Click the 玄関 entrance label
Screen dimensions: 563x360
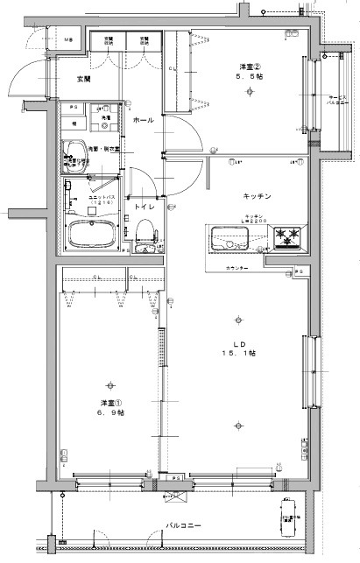click(83, 79)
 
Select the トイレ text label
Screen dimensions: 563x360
click(144, 207)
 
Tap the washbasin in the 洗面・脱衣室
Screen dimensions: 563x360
click(74, 149)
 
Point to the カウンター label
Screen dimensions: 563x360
click(237, 268)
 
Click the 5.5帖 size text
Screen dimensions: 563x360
click(253, 79)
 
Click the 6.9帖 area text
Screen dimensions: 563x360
click(109, 413)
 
